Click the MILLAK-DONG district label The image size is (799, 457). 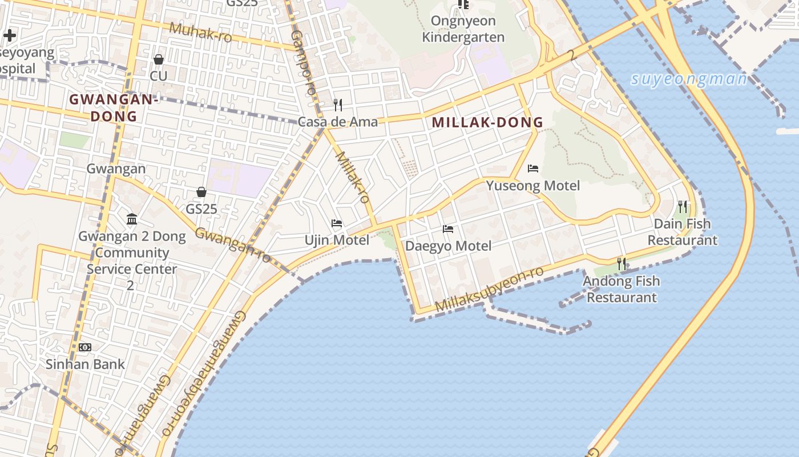[487, 122]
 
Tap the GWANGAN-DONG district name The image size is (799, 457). [113, 107]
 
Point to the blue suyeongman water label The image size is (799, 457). [689, 79]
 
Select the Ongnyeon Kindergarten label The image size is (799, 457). [463, 29]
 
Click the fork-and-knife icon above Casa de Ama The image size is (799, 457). [338, 105]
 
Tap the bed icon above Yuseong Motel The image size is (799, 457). [533, 169]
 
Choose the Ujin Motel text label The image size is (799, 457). [337, 240]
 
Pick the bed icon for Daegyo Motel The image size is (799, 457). [448, 229]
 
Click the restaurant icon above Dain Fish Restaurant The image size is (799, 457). [682, 206]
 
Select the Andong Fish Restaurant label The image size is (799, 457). [622, 289]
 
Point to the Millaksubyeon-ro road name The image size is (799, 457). [490, 289]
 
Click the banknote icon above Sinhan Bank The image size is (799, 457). [85, 347]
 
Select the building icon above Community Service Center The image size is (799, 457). [132, 219]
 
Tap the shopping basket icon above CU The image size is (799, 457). [159, 59]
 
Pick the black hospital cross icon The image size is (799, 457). [9, 35]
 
